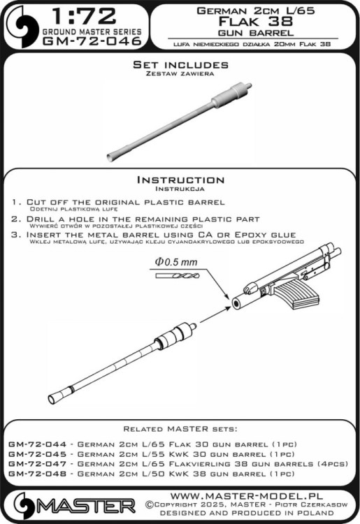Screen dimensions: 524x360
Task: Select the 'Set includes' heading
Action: (x=180, y=64)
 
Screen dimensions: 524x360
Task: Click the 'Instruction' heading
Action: (x=180, y=180)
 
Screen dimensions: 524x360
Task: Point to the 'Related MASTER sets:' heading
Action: (x=180, y=428)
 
